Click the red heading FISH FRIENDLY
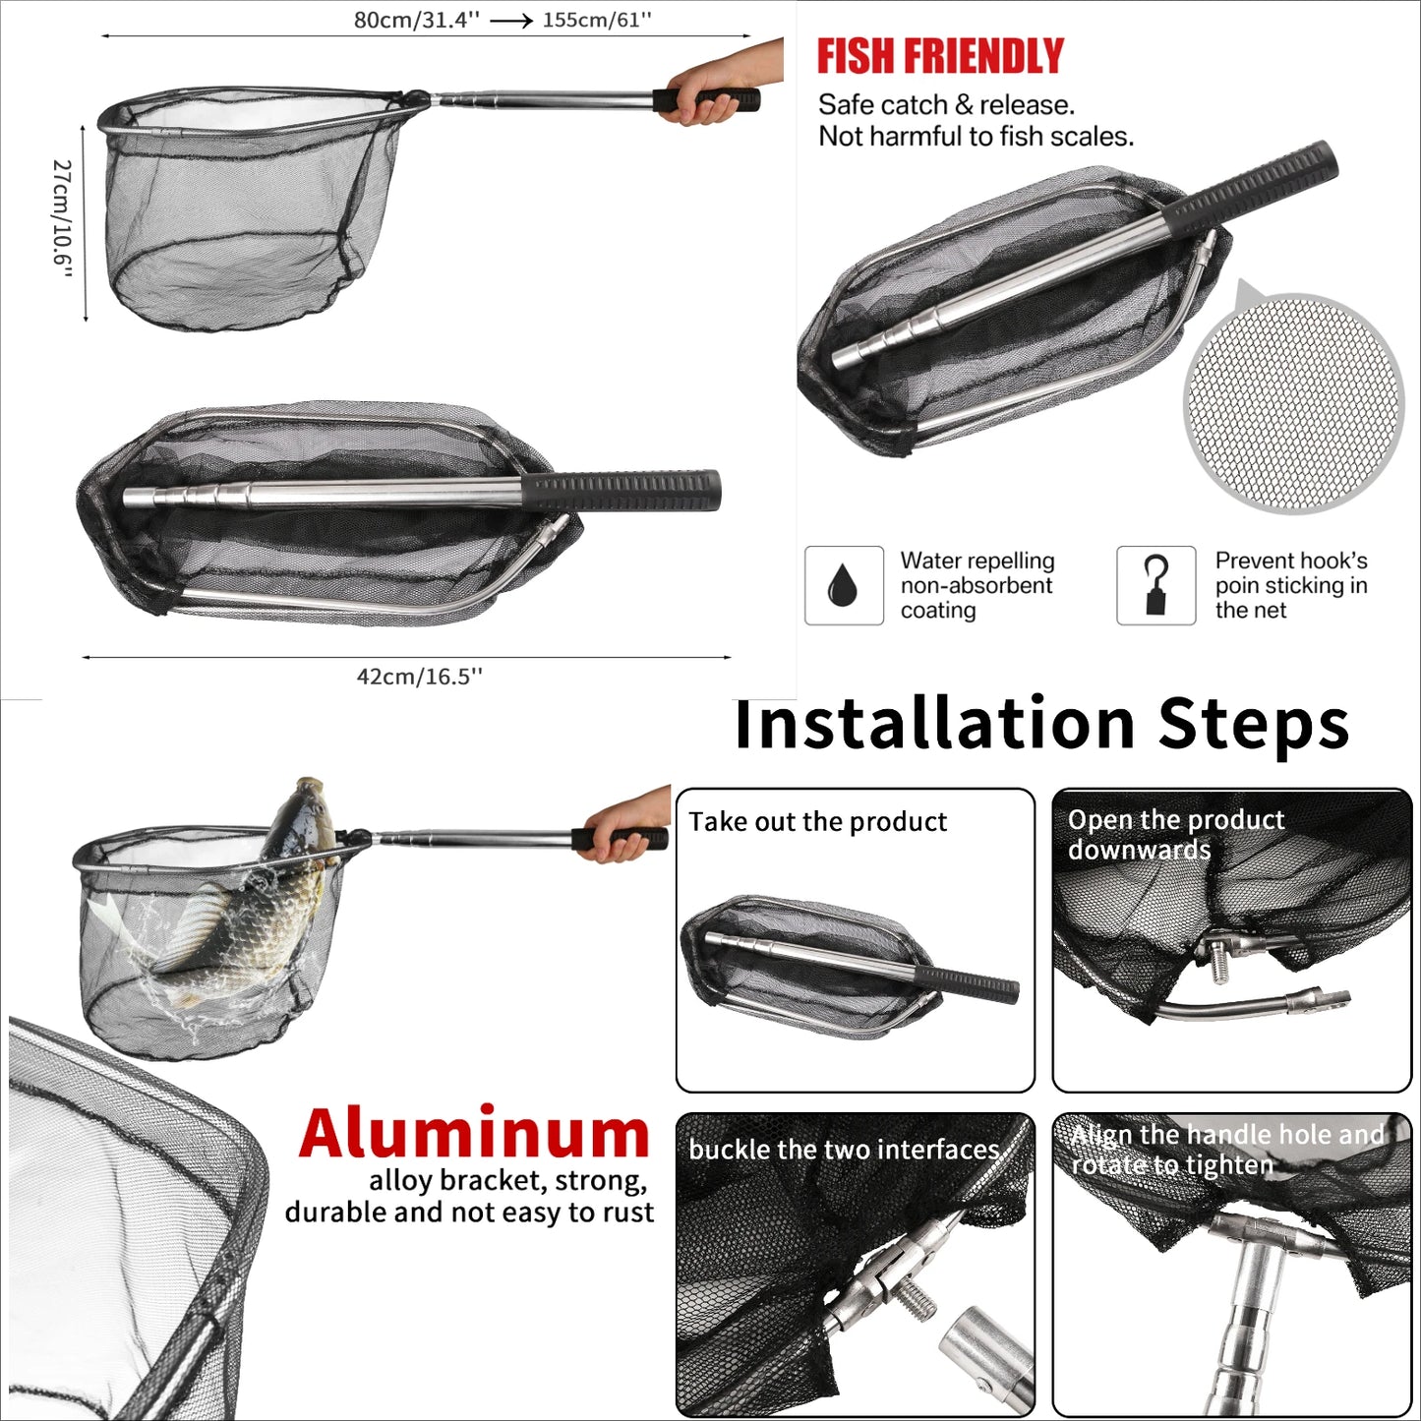click(x=939, y=57)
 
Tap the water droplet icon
click(x=843, y=586)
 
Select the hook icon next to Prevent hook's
click(x=1155, y=586)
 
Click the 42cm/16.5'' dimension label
click(x=419, y=677)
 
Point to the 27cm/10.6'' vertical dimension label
click(x=62, y=219)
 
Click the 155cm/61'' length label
click(x=597, y=20)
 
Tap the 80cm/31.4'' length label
click(x=416, y=21)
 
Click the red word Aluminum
click(x=474, y=1135)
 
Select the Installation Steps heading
click(x=1041, y=725)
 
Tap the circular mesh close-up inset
click(x=1293, y=403)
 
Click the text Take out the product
click(x=817, y=822)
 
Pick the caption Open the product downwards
click(x=1175, y=834)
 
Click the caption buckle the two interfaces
click(x=844, y=1150)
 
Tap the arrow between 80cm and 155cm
click(x=510, y=21)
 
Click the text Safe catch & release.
click(x=946, y=105)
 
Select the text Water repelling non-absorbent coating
click(x=977, y=586)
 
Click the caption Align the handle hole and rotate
click(x=1226, y=1150)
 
